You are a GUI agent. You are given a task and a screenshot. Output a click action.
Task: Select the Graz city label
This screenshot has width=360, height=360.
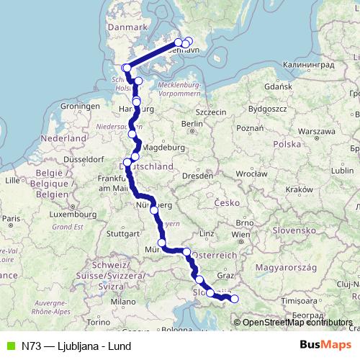[x=226, y=274]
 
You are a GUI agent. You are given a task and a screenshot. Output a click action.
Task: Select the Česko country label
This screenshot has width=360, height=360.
[x=230, y=203]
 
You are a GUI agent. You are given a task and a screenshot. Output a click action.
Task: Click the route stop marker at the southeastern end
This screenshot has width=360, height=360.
[x=234, y=299]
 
